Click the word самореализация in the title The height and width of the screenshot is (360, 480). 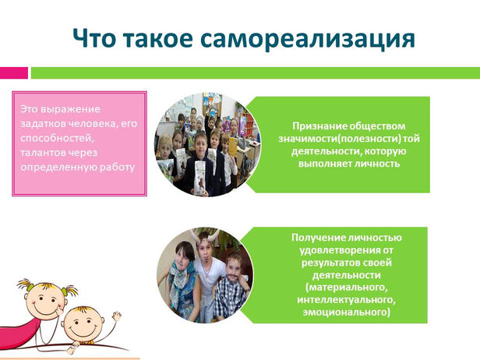[x=307, y=39]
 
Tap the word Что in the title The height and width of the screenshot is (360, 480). [x=94, y=39]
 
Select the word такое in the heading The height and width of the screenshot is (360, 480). [x=158, y=39]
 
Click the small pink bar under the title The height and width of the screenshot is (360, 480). [x=14, y=73]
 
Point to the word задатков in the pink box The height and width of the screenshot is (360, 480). [x=43, y=124]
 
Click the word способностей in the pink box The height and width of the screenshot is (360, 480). [x=57, y=139]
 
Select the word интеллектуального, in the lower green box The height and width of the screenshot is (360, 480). [x=346, y=300]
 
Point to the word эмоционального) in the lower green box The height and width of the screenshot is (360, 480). [x=346, y=312]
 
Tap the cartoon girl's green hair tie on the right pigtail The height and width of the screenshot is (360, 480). [x=65, y=291]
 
